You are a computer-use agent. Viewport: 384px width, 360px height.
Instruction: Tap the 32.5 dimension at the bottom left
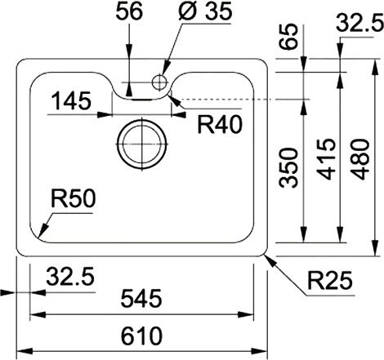coord(69,278)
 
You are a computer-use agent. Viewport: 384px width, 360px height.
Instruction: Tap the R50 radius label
coord(74,199)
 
